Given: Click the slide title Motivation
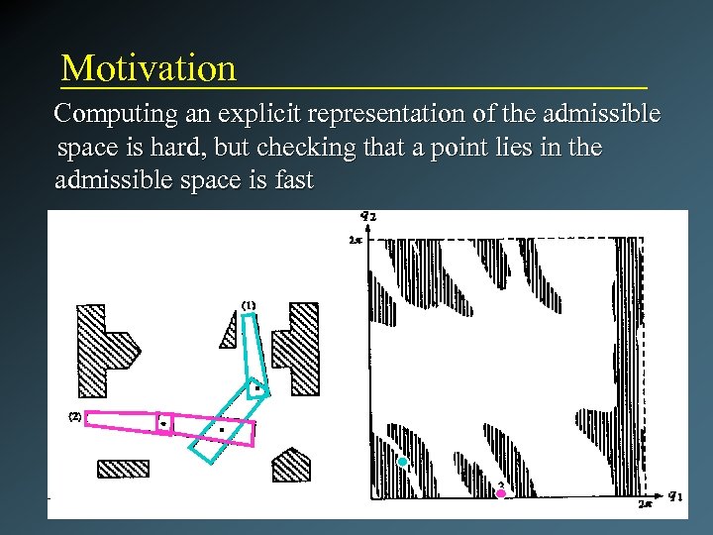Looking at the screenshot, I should pyautogui.click(x=149, y=68).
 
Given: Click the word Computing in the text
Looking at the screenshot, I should pyautogui.click(x=110, y=115).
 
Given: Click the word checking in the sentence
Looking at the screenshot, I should pyautogui.click(x=295, y=149).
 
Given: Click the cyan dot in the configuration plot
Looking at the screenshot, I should pyautogui.click(x=402, y=462).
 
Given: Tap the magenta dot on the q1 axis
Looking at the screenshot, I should pyautogui.click(x=501, y=492).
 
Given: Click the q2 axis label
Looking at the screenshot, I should pyautogui.click(x=368, y=217).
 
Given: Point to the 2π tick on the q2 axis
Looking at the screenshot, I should pyautogui.click(x=355, y=239).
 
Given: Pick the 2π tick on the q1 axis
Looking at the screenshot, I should pyautogui.click(x=645, y=504).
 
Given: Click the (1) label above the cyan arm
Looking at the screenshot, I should pyautogui.click(x=248, y=304).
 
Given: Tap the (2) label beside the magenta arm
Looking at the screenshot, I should pyautogui.click(x=73, y=416).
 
